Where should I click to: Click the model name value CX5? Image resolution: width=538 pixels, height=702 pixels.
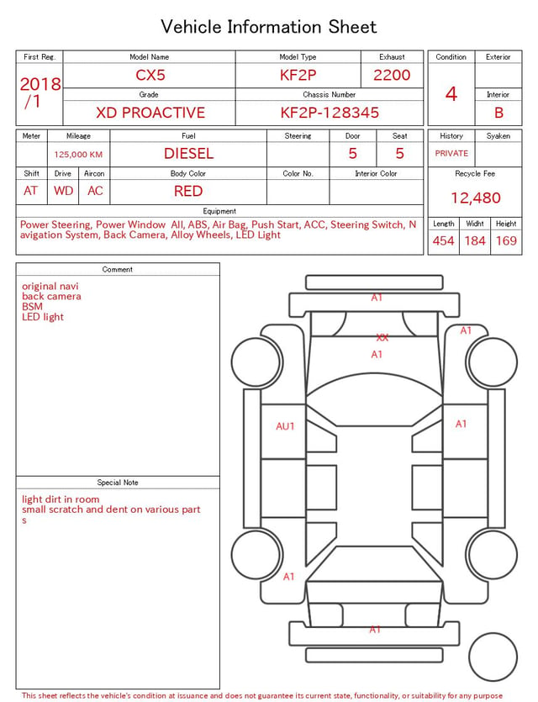tap(150, 75)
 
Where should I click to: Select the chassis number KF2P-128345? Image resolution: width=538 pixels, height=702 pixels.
tap(330, 113)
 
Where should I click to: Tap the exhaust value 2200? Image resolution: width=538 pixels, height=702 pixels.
tap(392, 75)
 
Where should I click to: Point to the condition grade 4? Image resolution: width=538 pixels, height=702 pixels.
tap(451, 94)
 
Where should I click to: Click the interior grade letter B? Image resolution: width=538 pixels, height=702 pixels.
tap(498, 113)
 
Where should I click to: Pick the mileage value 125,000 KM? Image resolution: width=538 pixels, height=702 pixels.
tap(78, 155)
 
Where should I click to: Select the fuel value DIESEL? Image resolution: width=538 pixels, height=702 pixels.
tap(188, 154)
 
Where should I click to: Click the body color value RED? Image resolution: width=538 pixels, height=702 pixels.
tap(188, 191)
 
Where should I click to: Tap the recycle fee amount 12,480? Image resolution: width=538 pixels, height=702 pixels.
tap(475, 198)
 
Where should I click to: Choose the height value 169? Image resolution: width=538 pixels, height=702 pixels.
tap(506, 240)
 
